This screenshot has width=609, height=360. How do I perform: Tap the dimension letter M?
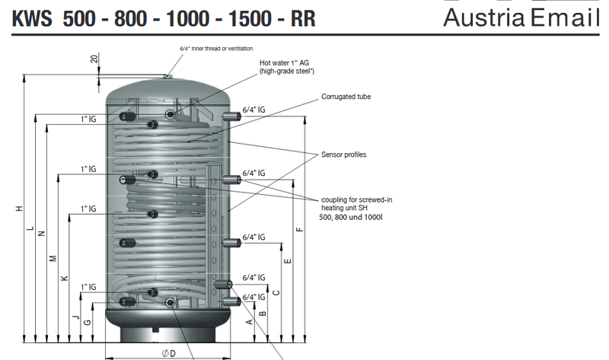coord(53,259)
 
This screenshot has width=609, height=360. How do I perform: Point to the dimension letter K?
coord(65,278)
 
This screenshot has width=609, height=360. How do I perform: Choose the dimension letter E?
coord(287,261)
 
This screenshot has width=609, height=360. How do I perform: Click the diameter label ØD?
coord(169,352)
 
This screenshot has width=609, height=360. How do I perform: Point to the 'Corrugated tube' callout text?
coord(346,97)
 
